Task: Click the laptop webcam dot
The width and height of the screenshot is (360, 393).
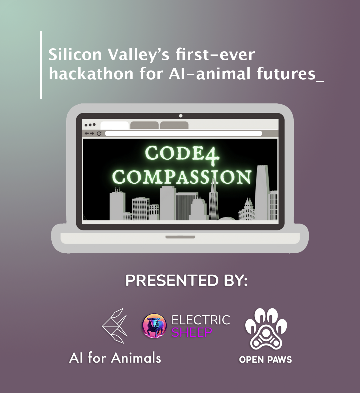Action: (181, 116)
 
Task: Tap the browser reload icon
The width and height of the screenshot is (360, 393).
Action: (99, 133)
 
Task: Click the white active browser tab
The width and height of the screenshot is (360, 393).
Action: (114, 125)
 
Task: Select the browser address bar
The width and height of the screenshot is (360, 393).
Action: (183, 133)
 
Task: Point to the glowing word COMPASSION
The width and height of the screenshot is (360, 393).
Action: (182, 177)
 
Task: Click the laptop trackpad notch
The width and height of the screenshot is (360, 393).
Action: (180, 237)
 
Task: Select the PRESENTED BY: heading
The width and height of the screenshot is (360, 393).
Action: (186, 281)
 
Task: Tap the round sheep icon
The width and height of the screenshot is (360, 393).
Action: (154, 326)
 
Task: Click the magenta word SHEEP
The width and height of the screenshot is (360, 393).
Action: (192, 332)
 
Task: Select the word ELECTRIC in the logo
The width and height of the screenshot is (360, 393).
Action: (201, 320)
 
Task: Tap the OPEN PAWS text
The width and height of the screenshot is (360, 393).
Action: (265, 360)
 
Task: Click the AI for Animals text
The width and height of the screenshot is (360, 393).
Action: (115, 358)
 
